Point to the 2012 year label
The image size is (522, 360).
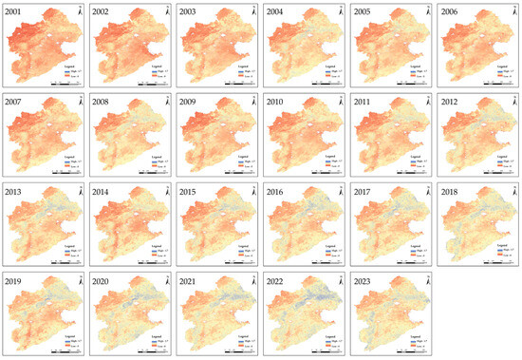click(x=448, y=100)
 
